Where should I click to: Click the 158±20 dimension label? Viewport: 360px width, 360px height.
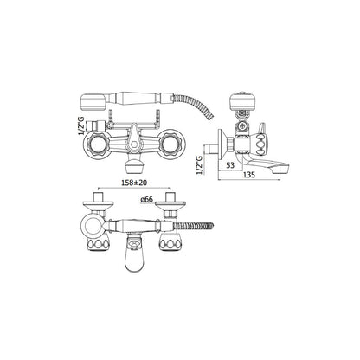[133, 183]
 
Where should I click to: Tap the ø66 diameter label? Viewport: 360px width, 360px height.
[147, 200]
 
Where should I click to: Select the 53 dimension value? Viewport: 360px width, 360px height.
[230, 165]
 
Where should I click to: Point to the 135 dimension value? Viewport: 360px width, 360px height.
[248, 175]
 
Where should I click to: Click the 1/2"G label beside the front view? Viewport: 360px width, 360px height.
[81, 125]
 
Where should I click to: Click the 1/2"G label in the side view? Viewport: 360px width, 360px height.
[199, 164]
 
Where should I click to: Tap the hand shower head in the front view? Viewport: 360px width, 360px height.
[90, 101]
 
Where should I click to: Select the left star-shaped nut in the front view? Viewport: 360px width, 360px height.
[97, 144]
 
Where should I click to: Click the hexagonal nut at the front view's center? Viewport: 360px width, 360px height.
[133, 145]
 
